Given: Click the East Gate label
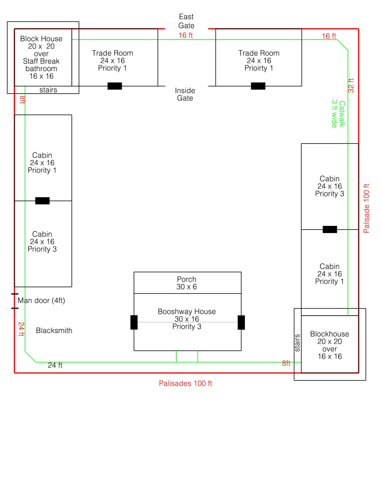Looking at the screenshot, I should click(x=186, y=21).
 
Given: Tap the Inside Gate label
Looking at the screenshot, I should click(x=185, y=94).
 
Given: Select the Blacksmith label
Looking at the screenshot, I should click(x=54, y=331).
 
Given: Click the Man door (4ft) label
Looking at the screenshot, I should click(x=41, y=300).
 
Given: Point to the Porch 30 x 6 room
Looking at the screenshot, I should click(x=187, y=283).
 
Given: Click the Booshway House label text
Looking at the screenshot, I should click(x=186, y=312).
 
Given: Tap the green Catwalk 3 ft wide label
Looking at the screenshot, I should click(x=338, y=114).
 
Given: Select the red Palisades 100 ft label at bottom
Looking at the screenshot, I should click(x=185, y=383).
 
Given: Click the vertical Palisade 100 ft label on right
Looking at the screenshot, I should click(x=366, y=208).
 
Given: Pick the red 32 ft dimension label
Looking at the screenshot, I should click(x=351, y=85).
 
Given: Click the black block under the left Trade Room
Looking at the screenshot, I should click(x=115, y=86).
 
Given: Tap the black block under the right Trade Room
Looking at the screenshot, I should click(x=258, y=86).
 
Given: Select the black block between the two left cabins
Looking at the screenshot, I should click(x=42, y=201).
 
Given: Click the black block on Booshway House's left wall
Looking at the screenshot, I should click(x=134, y=322).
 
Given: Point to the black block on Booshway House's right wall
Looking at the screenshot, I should click(x=241, y=322).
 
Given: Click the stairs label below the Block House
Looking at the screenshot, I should click(x=48, y=90).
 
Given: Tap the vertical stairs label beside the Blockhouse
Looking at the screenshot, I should click(x=297, y=343).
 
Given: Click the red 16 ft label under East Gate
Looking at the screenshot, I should click(x=186, y=35).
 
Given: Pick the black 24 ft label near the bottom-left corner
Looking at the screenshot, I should click(x=55, y=365).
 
